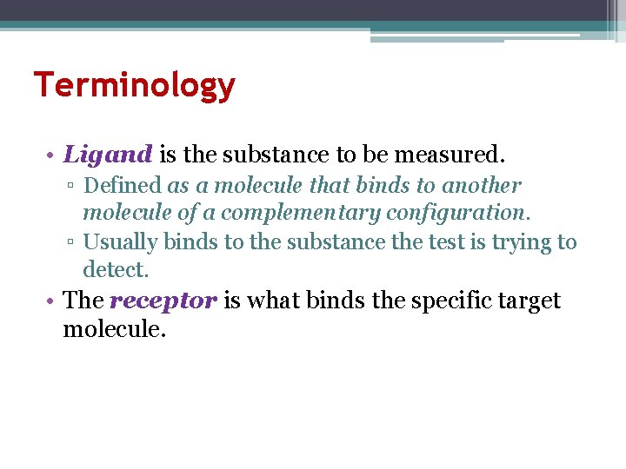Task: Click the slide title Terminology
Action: point(134,85)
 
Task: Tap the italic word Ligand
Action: point(109,155)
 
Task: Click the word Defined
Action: point(123,186)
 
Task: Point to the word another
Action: point(482,186)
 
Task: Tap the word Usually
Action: point(120,242)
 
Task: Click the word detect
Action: point(117,270)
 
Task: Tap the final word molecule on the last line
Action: point(113,329)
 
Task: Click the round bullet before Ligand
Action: point(52,156)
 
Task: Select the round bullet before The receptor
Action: point(52,301)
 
